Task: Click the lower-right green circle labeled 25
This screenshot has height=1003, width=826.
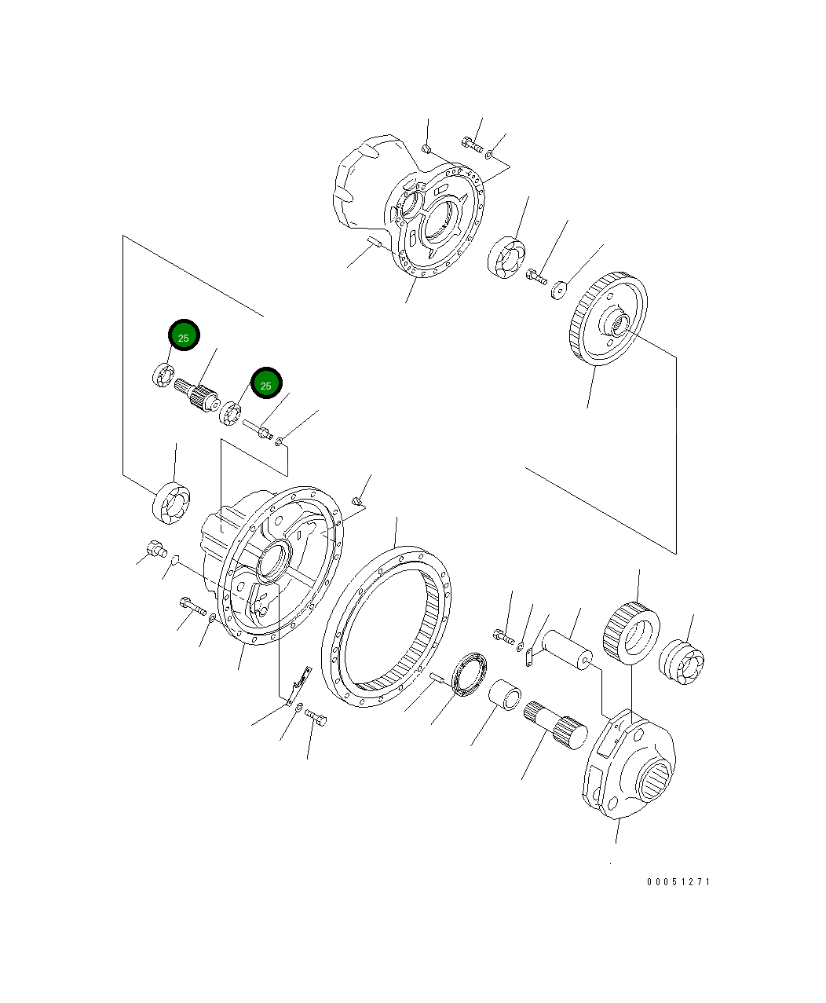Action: coord(266,384)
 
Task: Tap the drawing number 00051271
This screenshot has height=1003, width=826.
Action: coord(678,882)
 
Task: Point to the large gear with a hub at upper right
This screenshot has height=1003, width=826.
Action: coord(607,318)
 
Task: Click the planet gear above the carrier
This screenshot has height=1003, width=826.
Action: coord(631,632)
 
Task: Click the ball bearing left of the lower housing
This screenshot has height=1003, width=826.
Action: coord(171,502)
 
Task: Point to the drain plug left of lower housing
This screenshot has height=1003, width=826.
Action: coord(155,549)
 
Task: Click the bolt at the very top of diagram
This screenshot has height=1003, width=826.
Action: coord(472,145)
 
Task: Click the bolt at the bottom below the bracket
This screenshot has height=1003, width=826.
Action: coord(316,716)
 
